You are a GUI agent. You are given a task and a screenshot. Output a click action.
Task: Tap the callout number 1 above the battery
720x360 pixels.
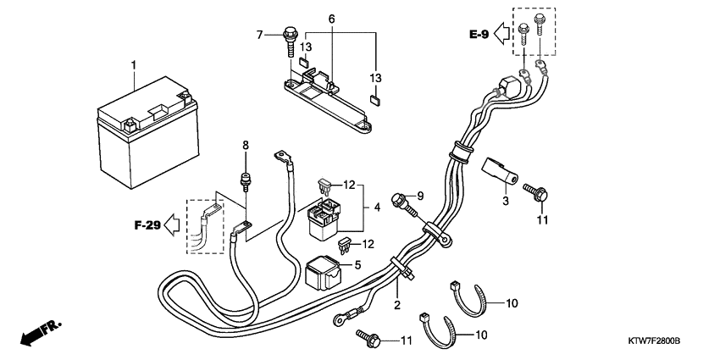[133, 65]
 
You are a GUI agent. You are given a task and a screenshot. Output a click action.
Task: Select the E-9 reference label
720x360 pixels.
[479, 35]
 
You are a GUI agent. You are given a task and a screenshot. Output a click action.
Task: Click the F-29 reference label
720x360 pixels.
[147, 226]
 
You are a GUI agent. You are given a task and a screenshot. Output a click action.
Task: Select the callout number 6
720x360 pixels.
[332, 19]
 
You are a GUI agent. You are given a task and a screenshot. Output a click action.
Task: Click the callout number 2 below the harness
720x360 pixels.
[396, 304]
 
